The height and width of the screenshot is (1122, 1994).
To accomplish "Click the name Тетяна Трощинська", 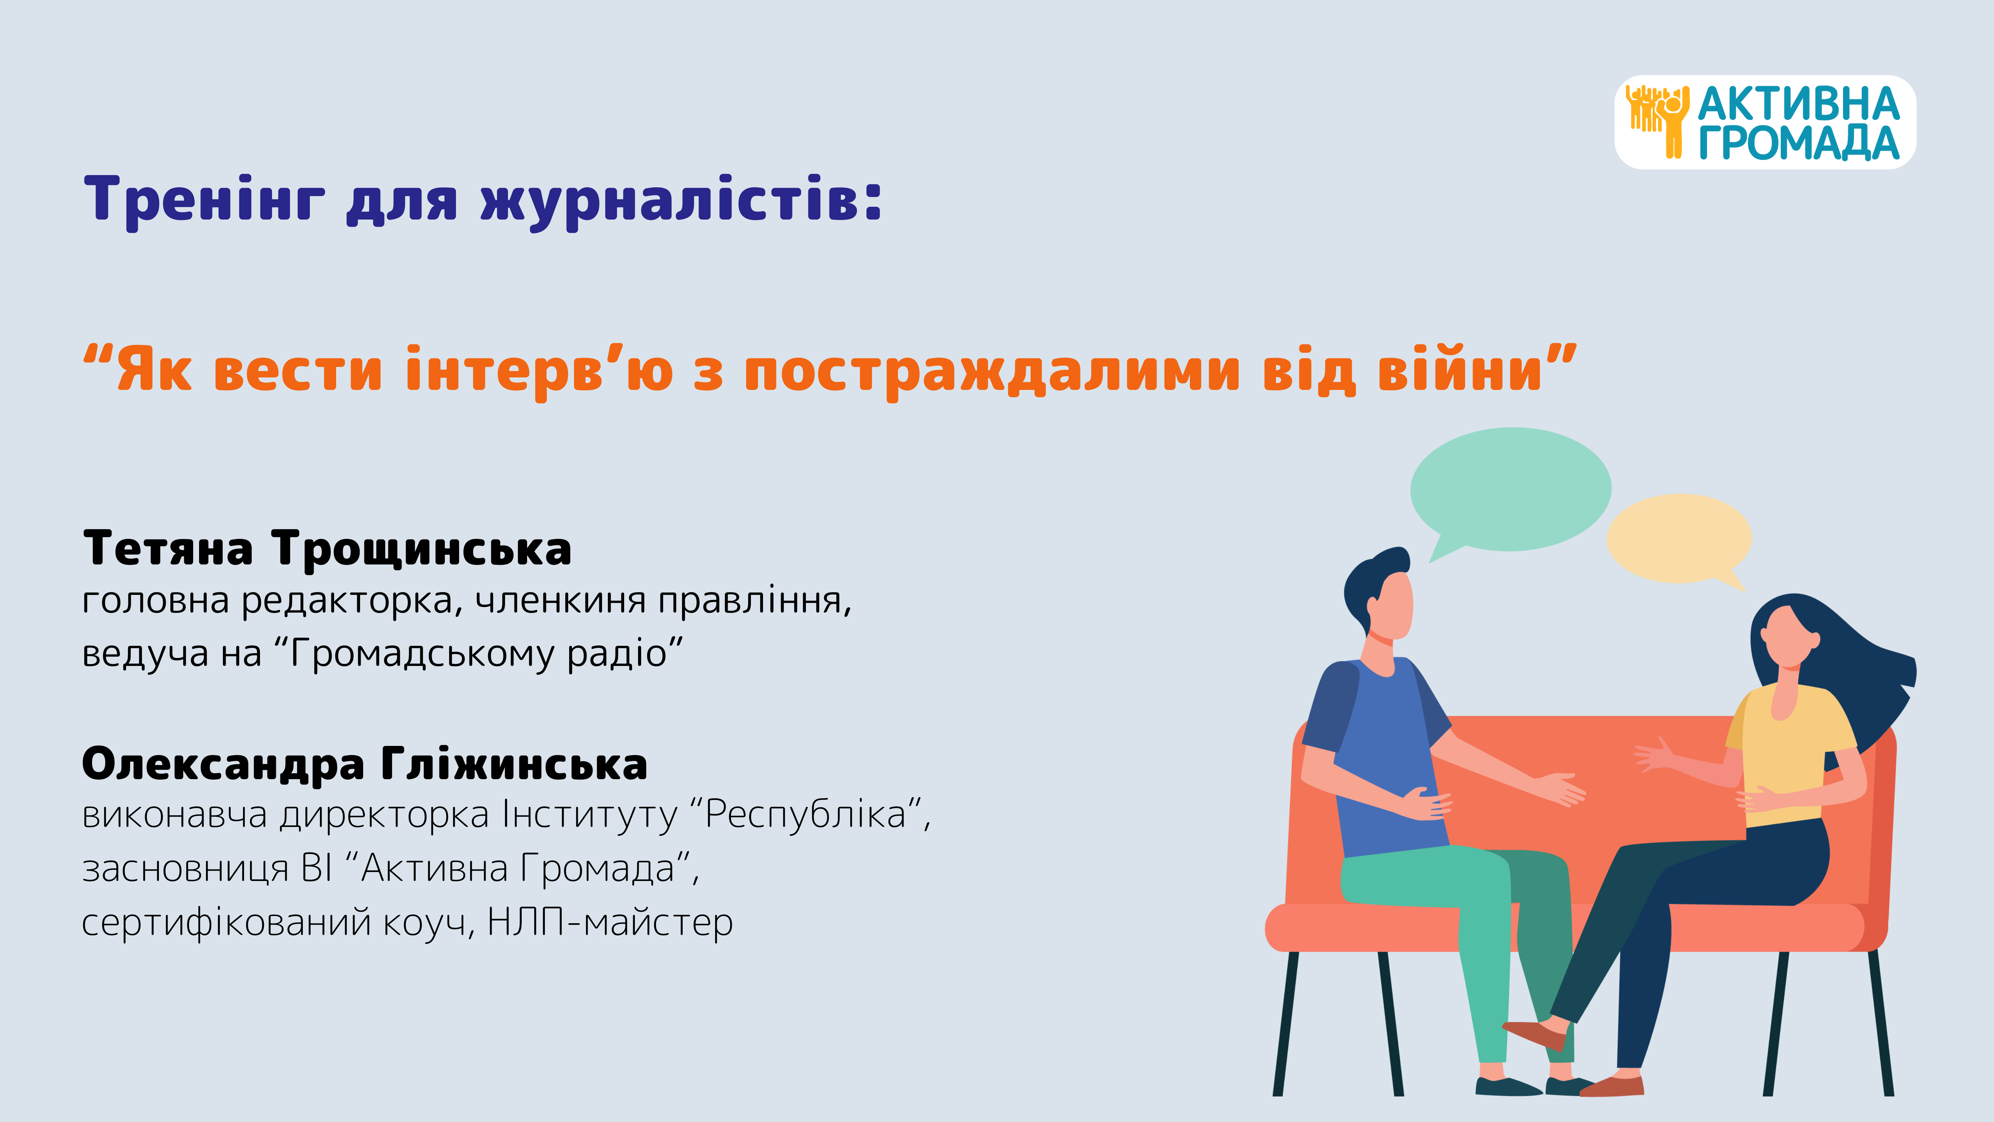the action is [x=327, y=549].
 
